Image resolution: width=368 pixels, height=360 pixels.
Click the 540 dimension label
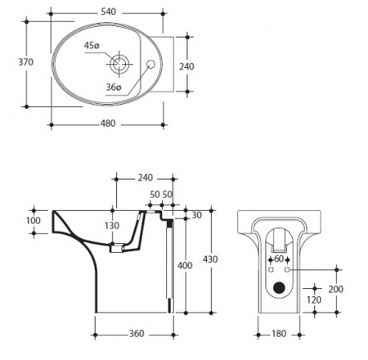[108, 11]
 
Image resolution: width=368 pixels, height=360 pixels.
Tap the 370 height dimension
[26, 62]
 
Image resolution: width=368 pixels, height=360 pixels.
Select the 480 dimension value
[108, 124]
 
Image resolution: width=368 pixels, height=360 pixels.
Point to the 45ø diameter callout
[92, 45]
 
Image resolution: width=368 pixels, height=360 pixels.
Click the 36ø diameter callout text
[114, 88]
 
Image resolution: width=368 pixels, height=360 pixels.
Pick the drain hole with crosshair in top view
[119, 65]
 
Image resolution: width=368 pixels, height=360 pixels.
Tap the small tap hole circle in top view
[150, 64]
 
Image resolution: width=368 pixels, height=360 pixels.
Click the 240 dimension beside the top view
[186, 66]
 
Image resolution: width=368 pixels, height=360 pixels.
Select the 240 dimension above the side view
[146, 178]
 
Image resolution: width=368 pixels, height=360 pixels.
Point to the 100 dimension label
[34, 221]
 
